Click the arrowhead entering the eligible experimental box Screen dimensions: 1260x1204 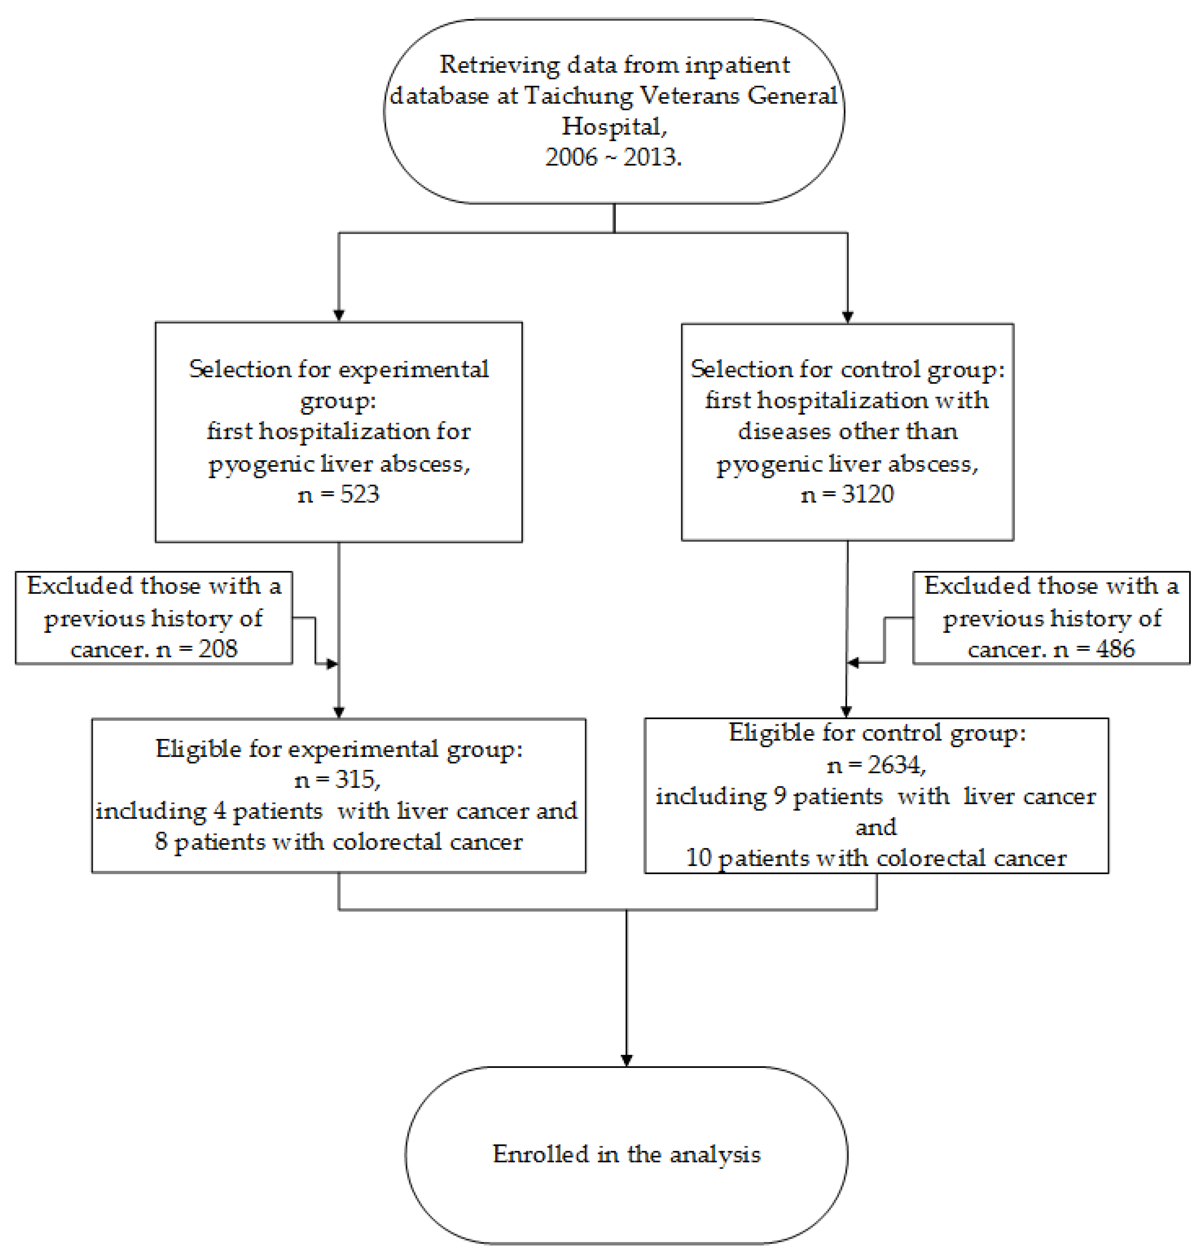(339, 712)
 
